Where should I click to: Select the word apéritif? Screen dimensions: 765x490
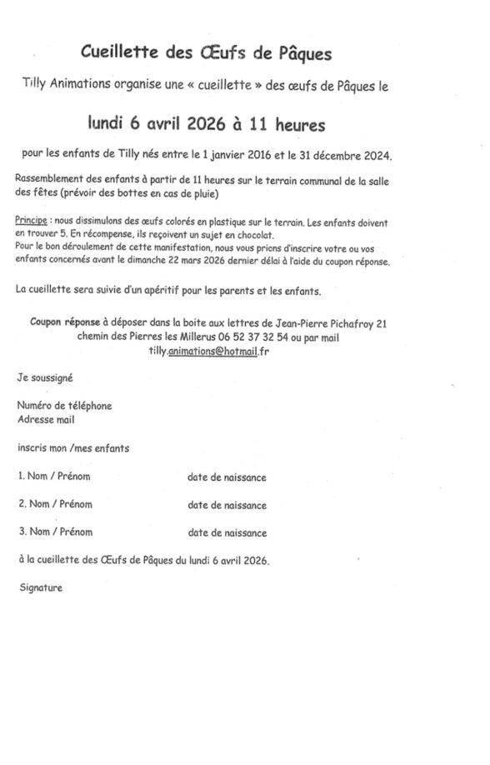point(181,290)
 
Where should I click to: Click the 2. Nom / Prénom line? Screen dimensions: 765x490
point(55,504)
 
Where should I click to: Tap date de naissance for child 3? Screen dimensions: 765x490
point(227,532)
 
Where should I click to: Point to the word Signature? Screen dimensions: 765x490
point(40,587)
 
